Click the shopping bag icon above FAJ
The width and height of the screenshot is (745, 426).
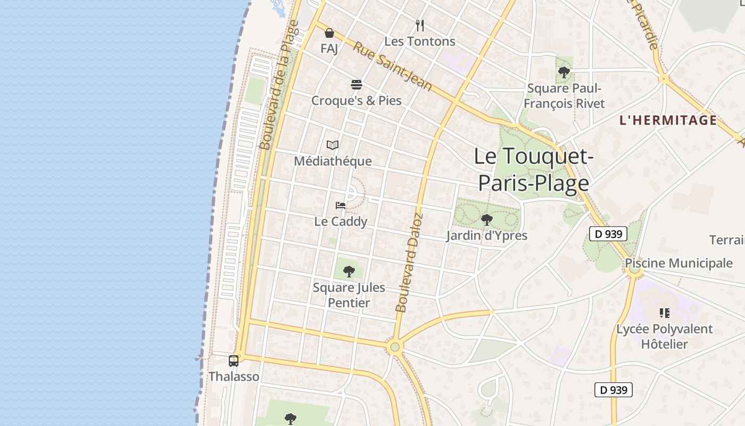[x=329, y=33]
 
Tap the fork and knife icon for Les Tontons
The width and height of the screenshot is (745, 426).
[x=420, y=25]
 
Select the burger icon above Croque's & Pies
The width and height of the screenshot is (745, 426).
[x=357, y=85]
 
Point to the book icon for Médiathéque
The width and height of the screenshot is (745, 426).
[x=333, y=145]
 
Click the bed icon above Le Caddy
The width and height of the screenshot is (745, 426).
[x=341, y=206]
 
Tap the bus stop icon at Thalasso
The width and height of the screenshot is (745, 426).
[x=234, y=361]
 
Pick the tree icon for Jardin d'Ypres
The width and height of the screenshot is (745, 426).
[x=486, y=219]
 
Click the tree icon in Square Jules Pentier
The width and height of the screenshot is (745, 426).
[x=349, y=272]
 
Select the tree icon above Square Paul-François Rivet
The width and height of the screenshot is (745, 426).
[x=564, y=71]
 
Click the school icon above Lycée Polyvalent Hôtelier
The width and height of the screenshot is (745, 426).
[x=664, y=313]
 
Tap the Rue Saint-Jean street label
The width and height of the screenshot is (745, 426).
[x=392, y=66]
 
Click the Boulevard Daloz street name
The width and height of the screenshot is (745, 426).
[x=409, y=263]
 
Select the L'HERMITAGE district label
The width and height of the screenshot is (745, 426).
[x=668, y=120]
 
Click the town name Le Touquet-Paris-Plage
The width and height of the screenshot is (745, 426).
[x=533, y=169]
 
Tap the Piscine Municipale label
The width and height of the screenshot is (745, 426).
[x=678, y=263]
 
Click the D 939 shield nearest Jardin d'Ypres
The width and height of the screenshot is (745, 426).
[x=608, y=233]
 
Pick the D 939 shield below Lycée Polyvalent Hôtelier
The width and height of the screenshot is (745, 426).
[x=613, y=390]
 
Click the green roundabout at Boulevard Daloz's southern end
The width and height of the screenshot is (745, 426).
[x=394, y=347]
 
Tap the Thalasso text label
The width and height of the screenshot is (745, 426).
[x=234, y=376]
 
